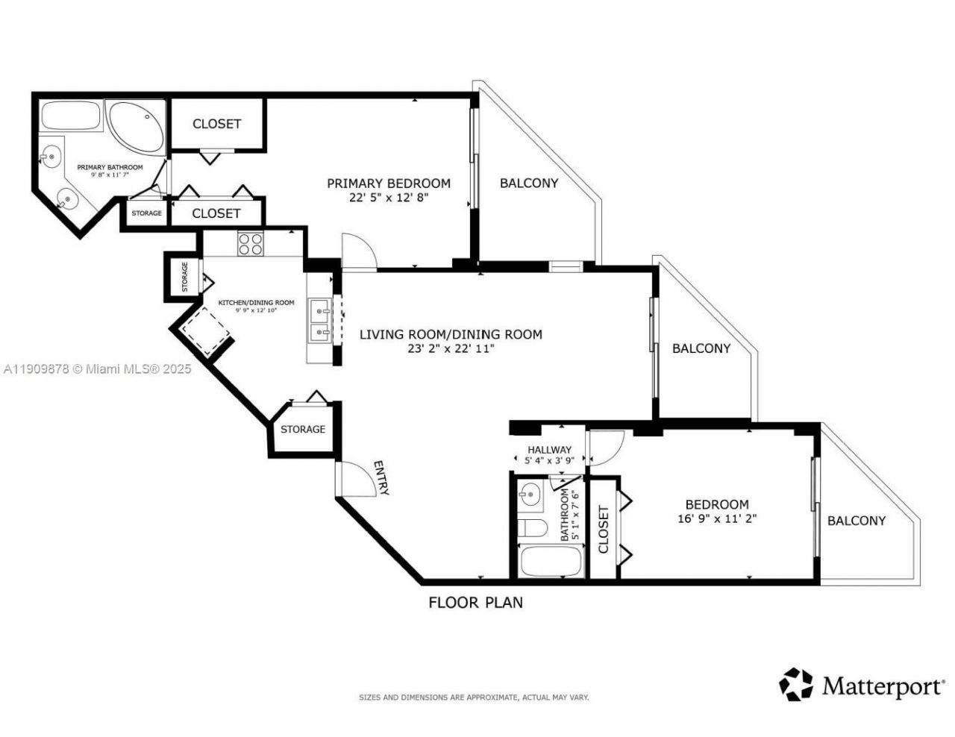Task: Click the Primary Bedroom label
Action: [389, 183]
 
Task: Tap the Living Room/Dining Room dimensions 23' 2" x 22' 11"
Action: [450, 348]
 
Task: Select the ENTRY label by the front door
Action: [381, 478]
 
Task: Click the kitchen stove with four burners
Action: [250, 244]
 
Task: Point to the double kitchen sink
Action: [320, 319]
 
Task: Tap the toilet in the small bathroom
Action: [533, 528]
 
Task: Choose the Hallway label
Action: [549, 450]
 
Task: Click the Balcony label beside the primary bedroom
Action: [528, 183]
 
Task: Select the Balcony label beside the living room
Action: [701, 348]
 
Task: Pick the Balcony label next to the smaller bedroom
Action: [856, 521]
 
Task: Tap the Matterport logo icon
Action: [796, 684]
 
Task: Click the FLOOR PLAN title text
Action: [475, 602]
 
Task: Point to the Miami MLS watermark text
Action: [96, 368]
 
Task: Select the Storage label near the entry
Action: [302, 429]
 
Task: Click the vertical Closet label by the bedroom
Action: [603, 530]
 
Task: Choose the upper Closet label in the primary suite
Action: [216, 124]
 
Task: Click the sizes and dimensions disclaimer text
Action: [474, 697]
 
